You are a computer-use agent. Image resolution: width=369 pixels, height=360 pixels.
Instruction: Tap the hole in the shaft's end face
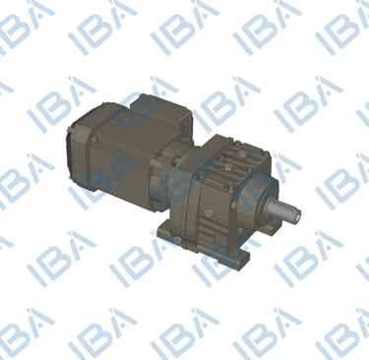tap(296, 215)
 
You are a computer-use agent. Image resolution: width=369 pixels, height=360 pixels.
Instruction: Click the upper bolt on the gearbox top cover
tap(242, 153)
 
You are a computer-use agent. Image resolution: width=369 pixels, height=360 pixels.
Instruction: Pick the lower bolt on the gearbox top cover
tap(226, 167)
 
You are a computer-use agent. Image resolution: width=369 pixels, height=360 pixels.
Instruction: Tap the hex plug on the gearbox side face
tap(208, 213)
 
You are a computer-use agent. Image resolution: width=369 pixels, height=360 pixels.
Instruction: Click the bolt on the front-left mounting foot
tap(178, 242)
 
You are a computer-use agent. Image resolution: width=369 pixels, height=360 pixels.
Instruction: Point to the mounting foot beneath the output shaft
tap(275, 225)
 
